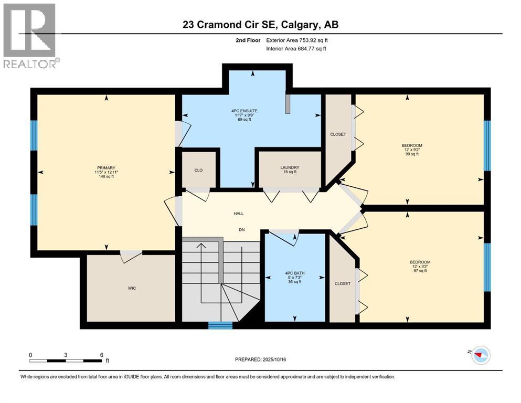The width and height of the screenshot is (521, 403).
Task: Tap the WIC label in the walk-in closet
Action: (x=132, y=288)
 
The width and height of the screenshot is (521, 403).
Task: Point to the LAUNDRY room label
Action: (x=289, y=167)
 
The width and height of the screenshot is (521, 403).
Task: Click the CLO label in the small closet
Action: (x=199, y=170)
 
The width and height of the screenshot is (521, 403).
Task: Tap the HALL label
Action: (x=239, y=214)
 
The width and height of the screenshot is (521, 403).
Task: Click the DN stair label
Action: (x=242, y=230)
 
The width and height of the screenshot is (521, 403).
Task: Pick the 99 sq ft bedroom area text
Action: (x=412, y=154)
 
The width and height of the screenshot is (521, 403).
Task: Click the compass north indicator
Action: (x=479, y=355)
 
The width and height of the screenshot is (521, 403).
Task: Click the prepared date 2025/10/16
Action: (x=263, y=359)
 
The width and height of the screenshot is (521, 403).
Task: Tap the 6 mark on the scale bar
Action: (x=101, y=355)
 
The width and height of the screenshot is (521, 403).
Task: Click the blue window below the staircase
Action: (x=220, y=325)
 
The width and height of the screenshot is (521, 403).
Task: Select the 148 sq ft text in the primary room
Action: (x=105, y=176)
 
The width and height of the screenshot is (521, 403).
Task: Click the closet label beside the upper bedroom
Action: (x=338, y=134)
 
